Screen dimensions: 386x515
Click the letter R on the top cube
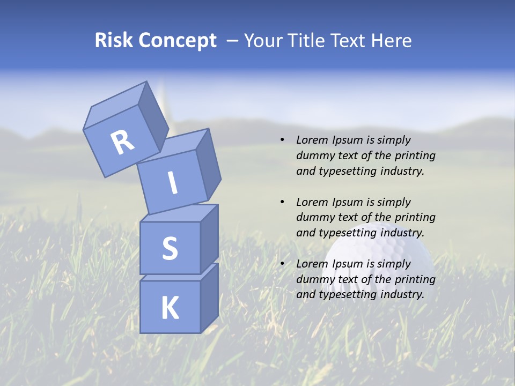click(x=123, y=142)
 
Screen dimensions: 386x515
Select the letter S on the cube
click(x=170, y=248)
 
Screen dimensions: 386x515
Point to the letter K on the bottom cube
click(x=170, y=308)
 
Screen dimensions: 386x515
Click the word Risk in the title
click(x=114, y=41)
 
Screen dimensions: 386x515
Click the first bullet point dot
click(x=282, y=140)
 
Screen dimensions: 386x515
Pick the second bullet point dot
click(x=282, y=202)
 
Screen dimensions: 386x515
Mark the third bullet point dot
click(x=282, y=264)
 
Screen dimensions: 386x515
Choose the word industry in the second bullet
click(x=402, y=233)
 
